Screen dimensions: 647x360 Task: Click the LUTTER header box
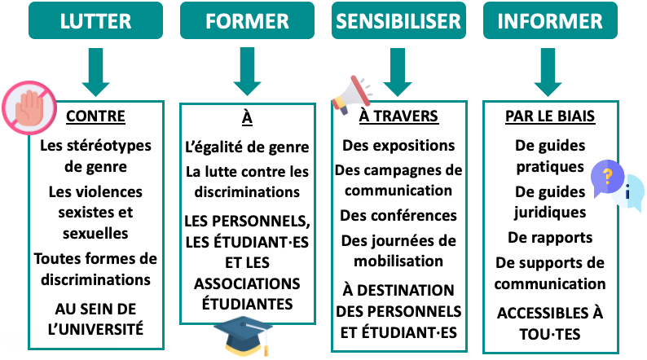click(95, 20)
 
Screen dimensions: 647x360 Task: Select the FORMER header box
click(247, 20)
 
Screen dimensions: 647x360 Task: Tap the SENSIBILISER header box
click(398, 20)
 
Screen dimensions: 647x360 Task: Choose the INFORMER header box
click(550, 20)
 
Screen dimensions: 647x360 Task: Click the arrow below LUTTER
click(95, 72)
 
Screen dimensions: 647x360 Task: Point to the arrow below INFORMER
click(548, 72)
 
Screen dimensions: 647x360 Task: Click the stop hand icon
click(29, 108)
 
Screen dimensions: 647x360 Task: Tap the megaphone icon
click(351, 94)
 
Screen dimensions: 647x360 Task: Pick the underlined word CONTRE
click(95, 116)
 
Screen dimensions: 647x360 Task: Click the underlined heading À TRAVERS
click(398, 116)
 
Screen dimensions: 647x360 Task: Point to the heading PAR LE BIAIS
click(550, 116)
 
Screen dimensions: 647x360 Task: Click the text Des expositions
click(398, 146)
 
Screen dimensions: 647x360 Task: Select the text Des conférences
click(398, 215)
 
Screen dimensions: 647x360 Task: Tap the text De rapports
click(550, 238)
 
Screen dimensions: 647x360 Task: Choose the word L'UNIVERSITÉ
click(95, 329)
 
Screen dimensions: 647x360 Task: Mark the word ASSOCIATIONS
click(247, 283)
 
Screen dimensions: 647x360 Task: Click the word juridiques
click(550, 213)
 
